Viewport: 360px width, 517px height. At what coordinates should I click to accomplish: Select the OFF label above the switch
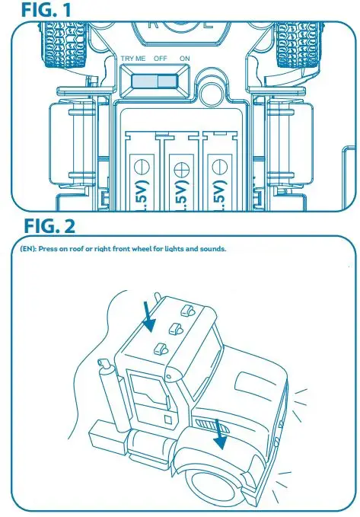pyautogui.click(x=160, y=59)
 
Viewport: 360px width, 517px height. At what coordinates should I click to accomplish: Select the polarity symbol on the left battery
pyautogui.click(x=141, y=164)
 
